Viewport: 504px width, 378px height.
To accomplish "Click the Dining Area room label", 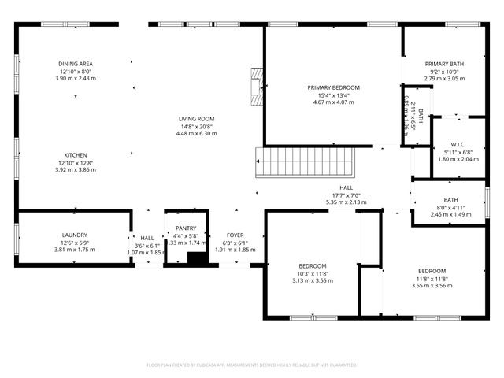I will [76, 64].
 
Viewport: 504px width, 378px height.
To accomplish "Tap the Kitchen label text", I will [76, 155].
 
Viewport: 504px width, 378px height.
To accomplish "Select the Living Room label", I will [196, 119].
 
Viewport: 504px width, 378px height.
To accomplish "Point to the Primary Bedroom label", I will [333, 87].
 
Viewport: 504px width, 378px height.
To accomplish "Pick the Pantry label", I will [186, 228].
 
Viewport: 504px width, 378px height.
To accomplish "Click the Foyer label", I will [235, 235].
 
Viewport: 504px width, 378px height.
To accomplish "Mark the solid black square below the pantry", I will [197, 258].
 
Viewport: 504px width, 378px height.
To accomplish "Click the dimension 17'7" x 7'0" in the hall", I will [346, 195].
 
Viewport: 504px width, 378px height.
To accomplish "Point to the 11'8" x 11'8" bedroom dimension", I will [432, 279].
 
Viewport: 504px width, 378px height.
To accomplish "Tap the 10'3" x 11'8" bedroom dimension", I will [313, 273].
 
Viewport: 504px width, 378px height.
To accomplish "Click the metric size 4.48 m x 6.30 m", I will [196, 133].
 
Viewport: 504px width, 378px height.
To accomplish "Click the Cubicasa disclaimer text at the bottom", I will [252, 365].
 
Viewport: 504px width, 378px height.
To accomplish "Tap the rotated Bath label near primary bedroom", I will [421, 117].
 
